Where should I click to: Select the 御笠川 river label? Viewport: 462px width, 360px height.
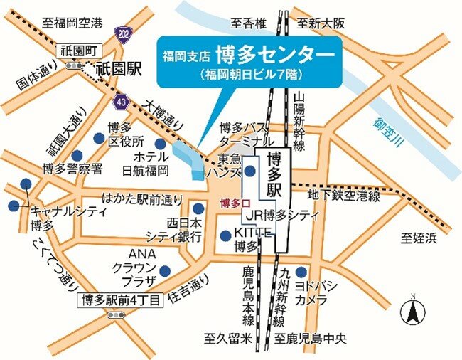pyautogui.click(x=387, y=132)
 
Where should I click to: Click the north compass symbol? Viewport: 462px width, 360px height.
pyautogui.click(x=411, y=311)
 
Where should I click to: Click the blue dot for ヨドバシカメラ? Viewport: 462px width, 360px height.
pyautogui.click(x=301, y=271)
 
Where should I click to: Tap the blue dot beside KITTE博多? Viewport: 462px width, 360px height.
pyautogui.click(x=225, y=235)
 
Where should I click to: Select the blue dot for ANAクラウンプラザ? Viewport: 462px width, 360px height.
pyautogui.click(x=165, y=270)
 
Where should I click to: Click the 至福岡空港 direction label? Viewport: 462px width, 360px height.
pyautogui.click(x=72, y=23)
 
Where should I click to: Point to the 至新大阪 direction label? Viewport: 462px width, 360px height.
pyautogui.click(x=321, y=23)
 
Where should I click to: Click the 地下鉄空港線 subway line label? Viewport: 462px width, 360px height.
pyautogui.click(x=344, y=195)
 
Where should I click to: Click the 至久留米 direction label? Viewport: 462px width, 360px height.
pyautogui.click(x=227, y=339)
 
